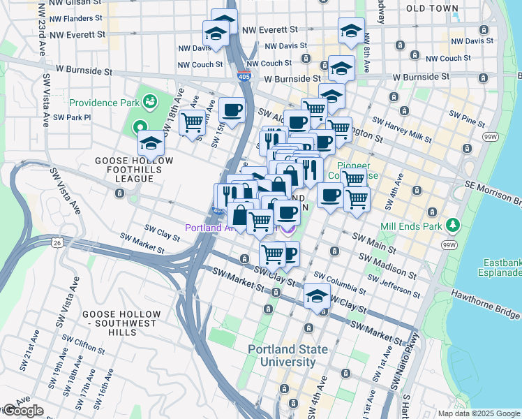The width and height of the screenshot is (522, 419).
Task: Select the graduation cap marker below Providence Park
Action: pyautogui.click(x=150, y=144)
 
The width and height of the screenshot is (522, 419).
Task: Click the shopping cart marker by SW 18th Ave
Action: pyautogui.click(x=192, y=123)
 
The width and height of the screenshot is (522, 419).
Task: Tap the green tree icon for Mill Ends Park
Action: pyautogui.click(x=454, y=224)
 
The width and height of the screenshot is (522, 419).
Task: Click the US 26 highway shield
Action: pyautogui.click(x=55, y=242)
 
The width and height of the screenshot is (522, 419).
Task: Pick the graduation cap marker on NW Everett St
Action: pyautogui.click(x=351, y=31)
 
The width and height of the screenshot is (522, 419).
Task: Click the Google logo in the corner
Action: pyautogui.click(x=22, y=411)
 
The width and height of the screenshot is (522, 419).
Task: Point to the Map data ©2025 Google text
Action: pyautogui.click(x=478, y=413)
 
